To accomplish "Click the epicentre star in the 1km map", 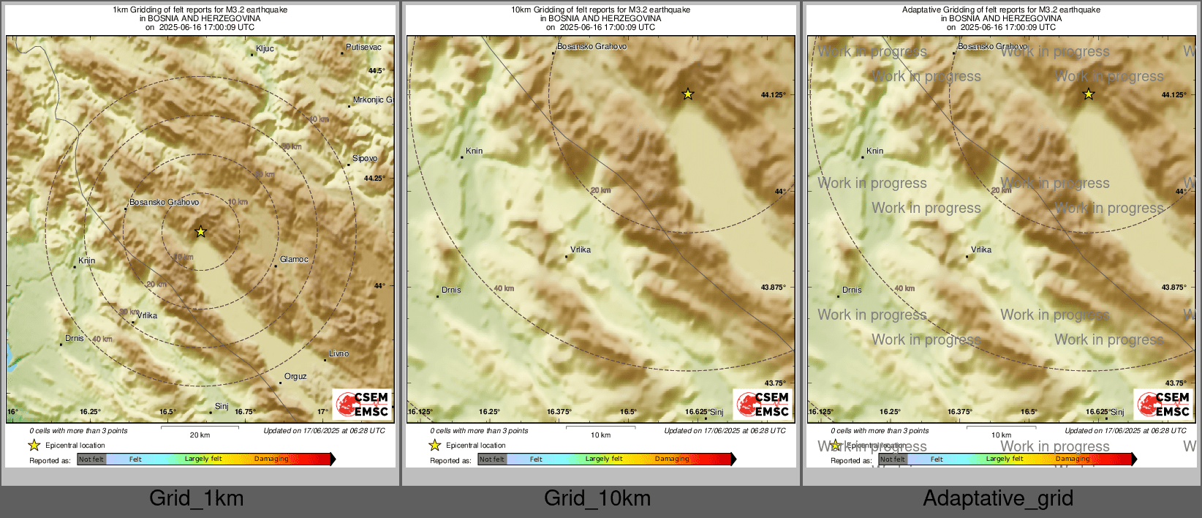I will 200,232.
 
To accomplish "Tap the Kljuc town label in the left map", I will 265,49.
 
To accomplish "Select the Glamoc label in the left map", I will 294,260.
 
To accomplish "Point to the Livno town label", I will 339,354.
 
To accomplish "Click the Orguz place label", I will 295,377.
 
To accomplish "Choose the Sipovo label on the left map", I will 365,159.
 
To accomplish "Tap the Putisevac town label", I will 363,48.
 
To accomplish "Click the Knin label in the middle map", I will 475,151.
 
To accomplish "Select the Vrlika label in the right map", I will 981,250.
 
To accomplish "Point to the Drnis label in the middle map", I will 451,290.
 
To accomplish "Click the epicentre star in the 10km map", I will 687,94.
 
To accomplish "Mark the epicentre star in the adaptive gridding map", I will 1088,94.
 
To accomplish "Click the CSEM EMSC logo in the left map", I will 362,405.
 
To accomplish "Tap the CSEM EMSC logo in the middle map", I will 763,405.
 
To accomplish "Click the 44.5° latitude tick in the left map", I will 377,71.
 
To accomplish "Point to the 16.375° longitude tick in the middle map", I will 559,412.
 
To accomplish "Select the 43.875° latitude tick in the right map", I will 1174,288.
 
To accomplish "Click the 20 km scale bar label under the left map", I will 200,435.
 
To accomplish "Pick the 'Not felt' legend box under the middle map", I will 492,459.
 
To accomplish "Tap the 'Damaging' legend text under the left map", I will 271,459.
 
